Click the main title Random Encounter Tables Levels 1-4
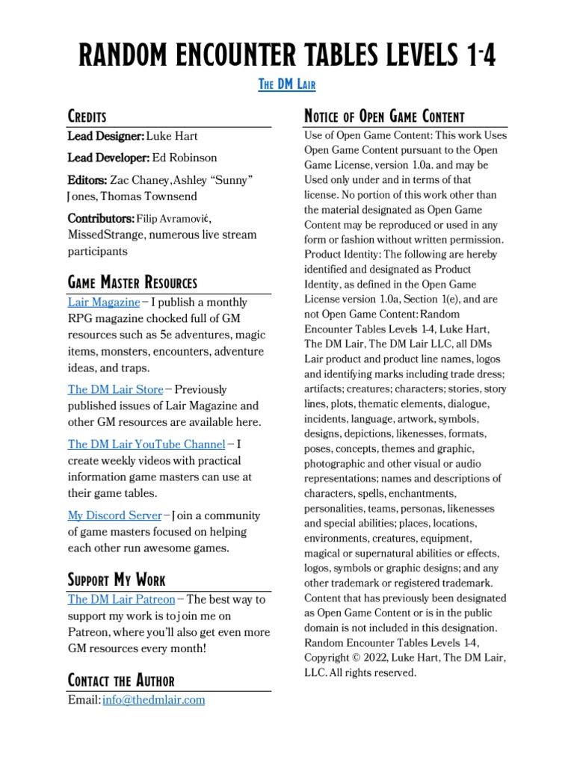(x=287, y=54)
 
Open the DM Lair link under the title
(x=287, y=84)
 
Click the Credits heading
(x=87, y=117)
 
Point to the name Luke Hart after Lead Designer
(x=171, y=136)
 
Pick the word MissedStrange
(x=105, y=235)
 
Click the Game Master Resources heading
(x=132, y=283)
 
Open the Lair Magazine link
(x=103, y=303)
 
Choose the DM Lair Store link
(x=115, y=389)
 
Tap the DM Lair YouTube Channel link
(x=146, y=445)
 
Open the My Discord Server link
(x=114, y=515)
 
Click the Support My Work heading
(x=117, y=580)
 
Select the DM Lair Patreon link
(x=121, y=599)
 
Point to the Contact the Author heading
(x=121, y=681)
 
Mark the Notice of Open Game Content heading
(x=384, y=117)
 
